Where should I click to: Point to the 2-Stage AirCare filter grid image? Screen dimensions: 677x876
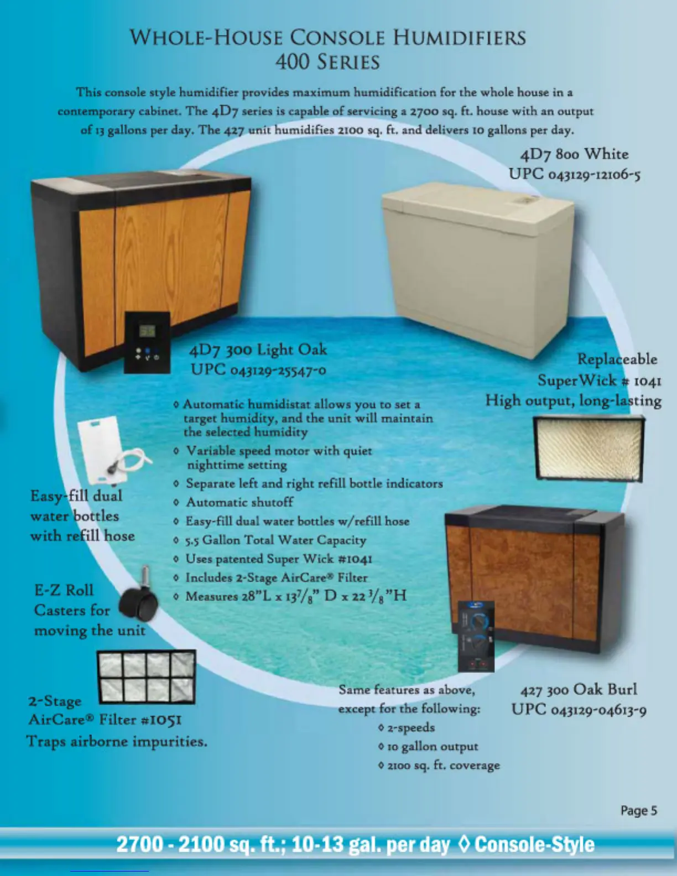pyautogui.click(x=146, y=676)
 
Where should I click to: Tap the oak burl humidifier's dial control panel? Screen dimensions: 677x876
pyautogui.click(x=476, y=636)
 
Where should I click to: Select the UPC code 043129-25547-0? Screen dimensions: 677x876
pyautogui.click(x=258, y=369)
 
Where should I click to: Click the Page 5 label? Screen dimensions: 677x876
pyautogui.click(x=638, y=811)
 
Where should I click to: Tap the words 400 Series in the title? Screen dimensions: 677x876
pyautogui.click(x=327, y=61)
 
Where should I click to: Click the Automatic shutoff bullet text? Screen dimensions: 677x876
pyautogui.click(x=239, y=502)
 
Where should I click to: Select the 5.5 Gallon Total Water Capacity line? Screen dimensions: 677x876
pyautogui.click(x=275, y=540)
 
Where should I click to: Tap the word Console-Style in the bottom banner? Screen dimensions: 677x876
pyautogui.click(x=534, y=844)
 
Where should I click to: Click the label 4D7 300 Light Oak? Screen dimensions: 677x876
pyautogui.click(x=258, y=350)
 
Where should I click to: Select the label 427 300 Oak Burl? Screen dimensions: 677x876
pyautogui.click(x=579, y=690)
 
